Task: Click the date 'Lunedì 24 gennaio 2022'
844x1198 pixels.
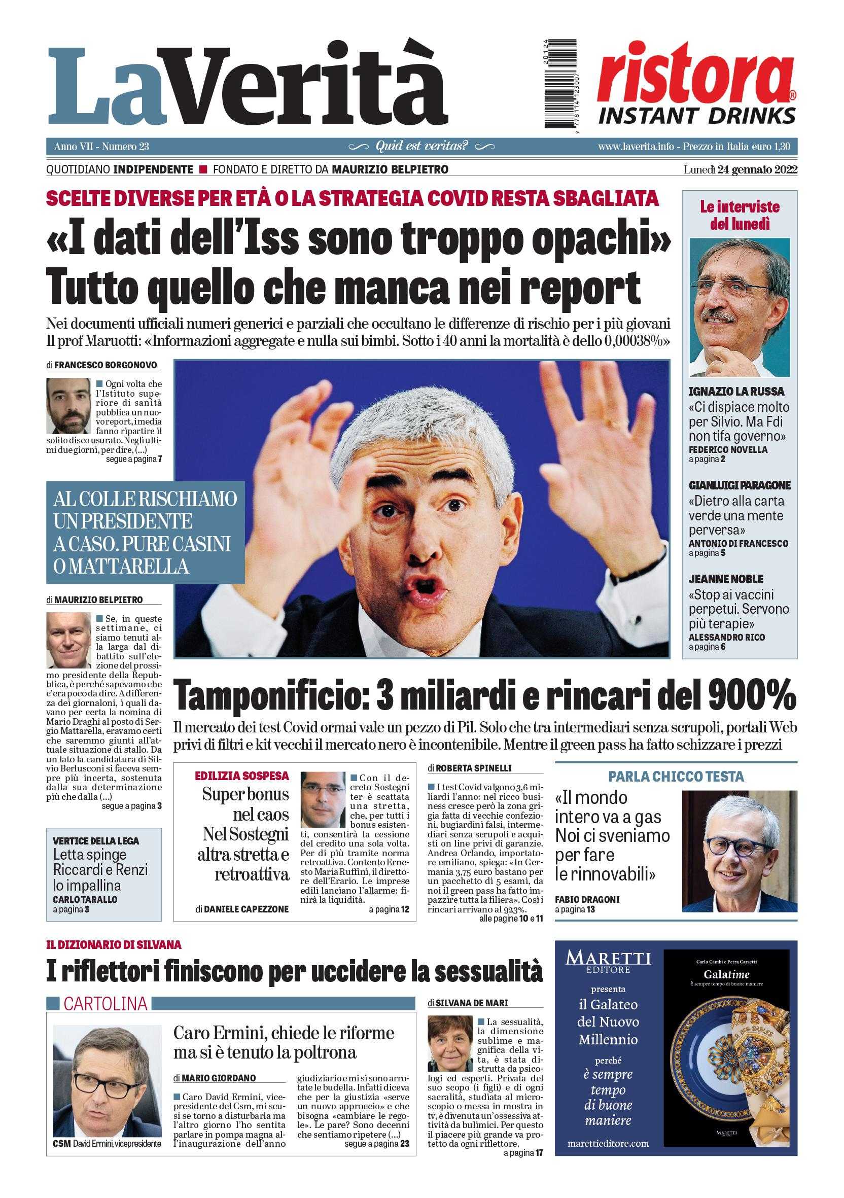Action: point(740,169)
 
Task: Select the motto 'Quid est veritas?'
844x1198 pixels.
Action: point(422,146)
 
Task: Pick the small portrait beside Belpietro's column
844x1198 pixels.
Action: point(68,640)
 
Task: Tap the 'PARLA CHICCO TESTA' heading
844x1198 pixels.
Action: point(676,776)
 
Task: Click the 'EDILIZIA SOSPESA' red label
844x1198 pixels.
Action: point(241,776)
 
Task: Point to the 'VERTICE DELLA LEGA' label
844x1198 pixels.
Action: point(96,841)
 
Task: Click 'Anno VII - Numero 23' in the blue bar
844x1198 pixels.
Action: point(101,147)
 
